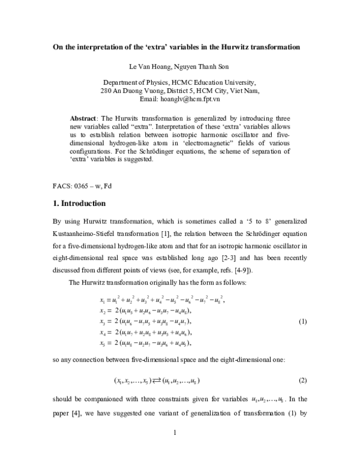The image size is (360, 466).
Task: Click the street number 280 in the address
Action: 106,91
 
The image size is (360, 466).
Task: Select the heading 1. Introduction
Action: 79,203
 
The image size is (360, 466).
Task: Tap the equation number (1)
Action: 302,323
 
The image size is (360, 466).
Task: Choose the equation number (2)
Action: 302,381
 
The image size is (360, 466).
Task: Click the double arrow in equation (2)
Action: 159,381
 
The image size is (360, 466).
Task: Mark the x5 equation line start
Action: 101,343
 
